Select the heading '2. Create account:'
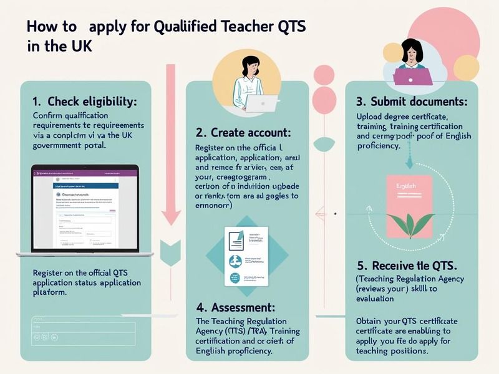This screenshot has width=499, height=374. click(243, 132)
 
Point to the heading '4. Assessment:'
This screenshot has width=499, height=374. click(236, 307)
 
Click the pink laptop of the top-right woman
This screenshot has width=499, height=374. click(412, 76)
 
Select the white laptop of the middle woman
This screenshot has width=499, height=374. click(261, 103)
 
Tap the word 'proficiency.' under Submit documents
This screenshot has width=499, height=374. click(379, 145)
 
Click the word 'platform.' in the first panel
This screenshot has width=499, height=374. click(49, 292)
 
